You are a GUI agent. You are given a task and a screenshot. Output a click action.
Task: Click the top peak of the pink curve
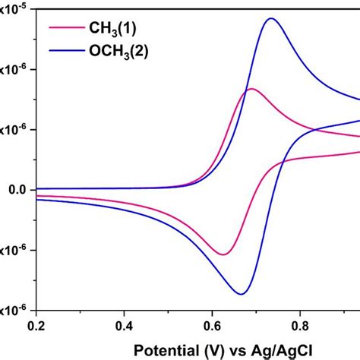[x=250, y=89]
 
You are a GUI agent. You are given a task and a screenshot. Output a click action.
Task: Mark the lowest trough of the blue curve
[x=241, y=294]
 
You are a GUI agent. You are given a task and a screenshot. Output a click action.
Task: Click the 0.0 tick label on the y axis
[x=14, y=189]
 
